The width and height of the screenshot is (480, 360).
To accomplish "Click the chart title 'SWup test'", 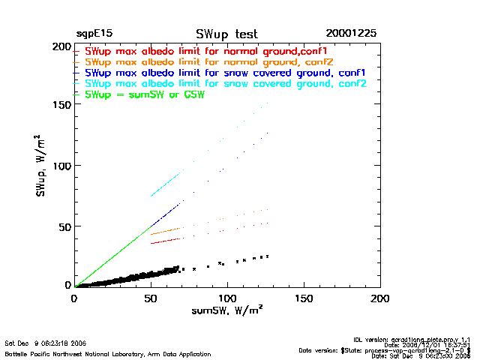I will point(226,34).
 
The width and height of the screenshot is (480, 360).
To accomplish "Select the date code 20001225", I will point(351,34).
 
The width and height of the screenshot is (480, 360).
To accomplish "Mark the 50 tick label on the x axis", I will point(151,298).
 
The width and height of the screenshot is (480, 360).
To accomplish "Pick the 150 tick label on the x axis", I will point(304,298).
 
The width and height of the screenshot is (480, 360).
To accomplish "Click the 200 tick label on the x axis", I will point(380,298).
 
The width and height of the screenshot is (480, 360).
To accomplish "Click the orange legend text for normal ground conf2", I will point(209,61).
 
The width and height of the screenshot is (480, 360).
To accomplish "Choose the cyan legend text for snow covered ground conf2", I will point(225,84).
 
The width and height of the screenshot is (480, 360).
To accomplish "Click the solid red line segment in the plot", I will point(166,241).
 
